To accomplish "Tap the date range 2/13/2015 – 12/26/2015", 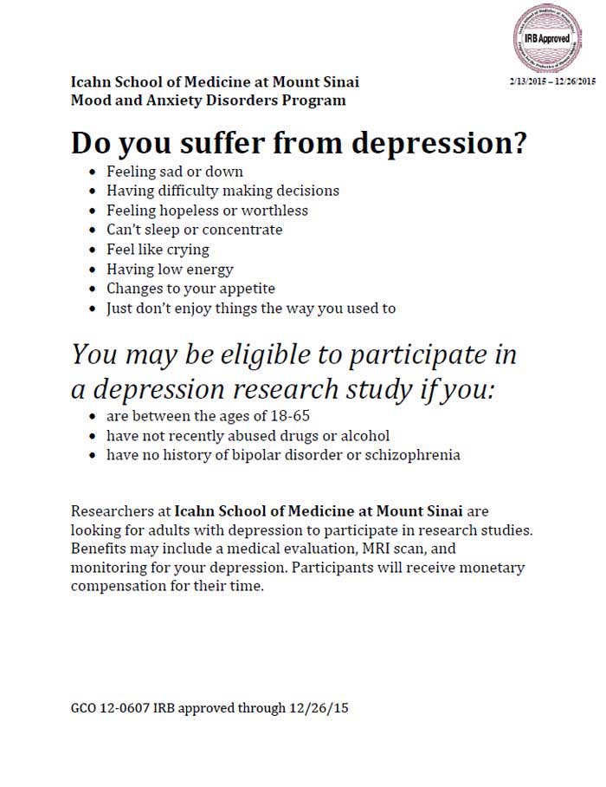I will pyautogui.click(x=552, y=81).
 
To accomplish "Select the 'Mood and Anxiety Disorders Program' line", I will pyautogui.click(x=209, y=100).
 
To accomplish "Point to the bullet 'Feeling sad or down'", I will pyautogui.click(x=174, y=172).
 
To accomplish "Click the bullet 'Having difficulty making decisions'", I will pyautogui.click(x=222, y=191).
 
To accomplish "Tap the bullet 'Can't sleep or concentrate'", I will pyautogui.click(x=194, y=230).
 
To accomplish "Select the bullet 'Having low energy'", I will pyautogui.click(x=170, y=270).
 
